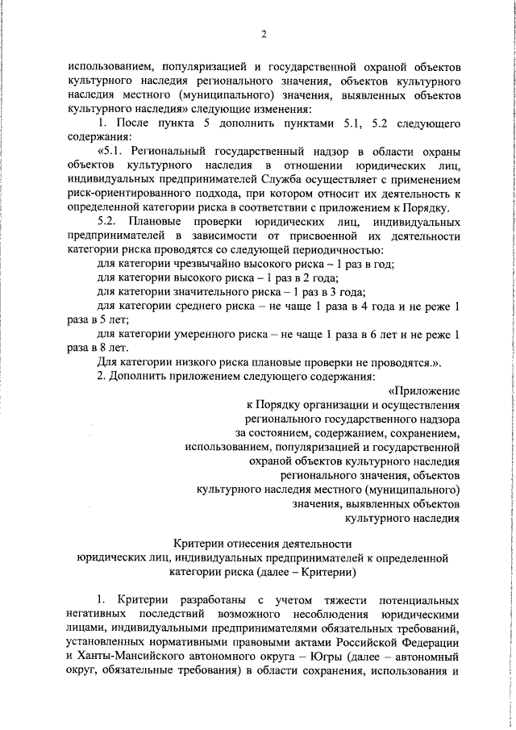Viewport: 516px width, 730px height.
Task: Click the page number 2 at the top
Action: tap(264, 33)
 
